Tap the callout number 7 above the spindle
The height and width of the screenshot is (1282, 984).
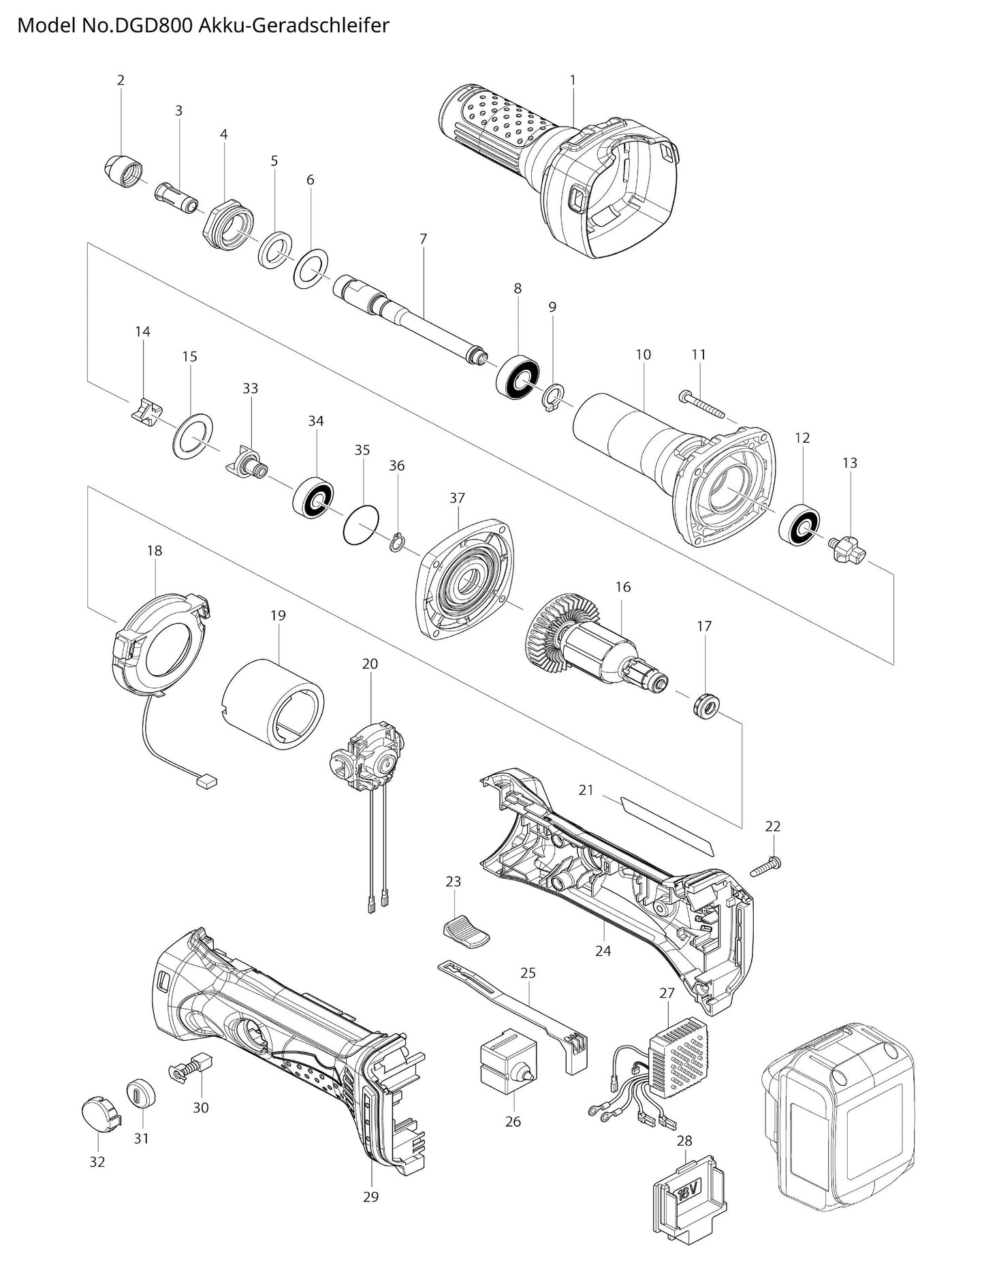[423, 239]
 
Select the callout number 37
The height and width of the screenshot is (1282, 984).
[457, 498]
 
